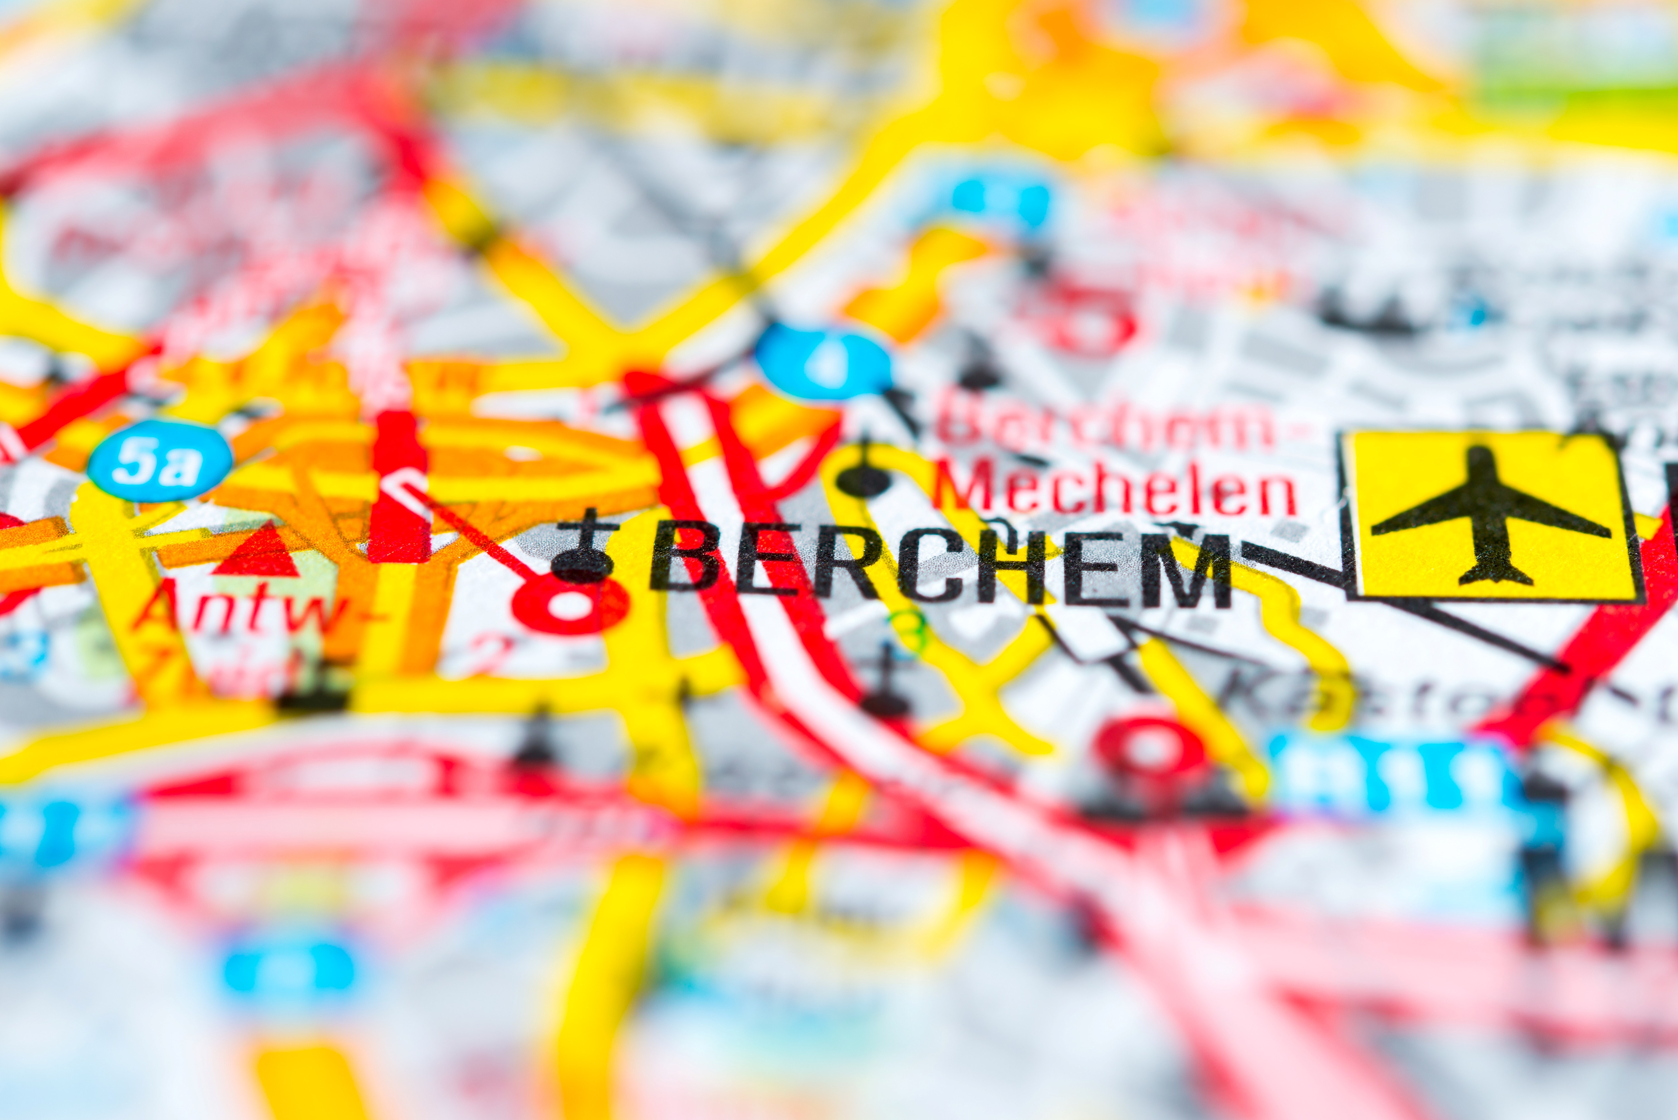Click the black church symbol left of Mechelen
[864, 471]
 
